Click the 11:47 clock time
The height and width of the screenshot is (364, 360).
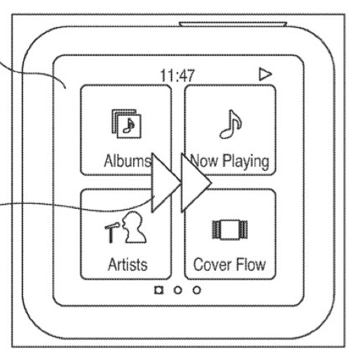(177, 76)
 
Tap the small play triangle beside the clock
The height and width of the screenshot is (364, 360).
(265, 74)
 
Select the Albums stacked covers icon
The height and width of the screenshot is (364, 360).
(127, 124)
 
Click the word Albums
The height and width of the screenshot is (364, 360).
(127, 161)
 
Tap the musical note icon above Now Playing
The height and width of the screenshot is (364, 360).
(231, 124)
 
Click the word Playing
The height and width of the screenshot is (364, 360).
(246, 162)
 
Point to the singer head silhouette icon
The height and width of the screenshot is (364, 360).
(134, 227)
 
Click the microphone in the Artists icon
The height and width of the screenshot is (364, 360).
(112, 232)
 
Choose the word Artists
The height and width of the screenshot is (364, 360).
(128, 264)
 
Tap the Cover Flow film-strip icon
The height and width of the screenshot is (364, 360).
(230, 229)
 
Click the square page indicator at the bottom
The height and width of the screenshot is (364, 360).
(159, 290)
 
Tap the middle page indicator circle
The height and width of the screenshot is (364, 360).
(177, 290)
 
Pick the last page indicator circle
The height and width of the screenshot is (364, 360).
(196, 290)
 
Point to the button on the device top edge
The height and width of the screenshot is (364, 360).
(233, 24)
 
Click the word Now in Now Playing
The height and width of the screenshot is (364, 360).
(204, 161)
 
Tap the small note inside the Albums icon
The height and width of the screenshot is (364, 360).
(129, 126)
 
